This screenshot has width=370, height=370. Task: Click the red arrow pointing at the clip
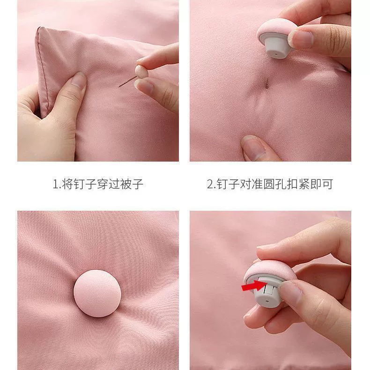pos(254,286)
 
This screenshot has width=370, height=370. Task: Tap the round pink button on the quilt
pos(97,293)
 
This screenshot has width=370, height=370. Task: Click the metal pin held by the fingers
pos(127,81)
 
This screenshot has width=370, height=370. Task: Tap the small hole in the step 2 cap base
pos(276,54)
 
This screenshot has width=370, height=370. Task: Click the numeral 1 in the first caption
pos(55,184)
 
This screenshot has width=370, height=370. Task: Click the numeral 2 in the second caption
pos(210,184)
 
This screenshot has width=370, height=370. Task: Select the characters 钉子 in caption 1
pos(85,184)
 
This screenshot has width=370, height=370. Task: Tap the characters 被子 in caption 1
pos(132,184)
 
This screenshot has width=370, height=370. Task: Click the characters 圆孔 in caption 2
pos(274,184)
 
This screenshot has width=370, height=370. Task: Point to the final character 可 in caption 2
pos(327,184)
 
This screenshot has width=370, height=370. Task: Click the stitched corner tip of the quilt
pos(39,28)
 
